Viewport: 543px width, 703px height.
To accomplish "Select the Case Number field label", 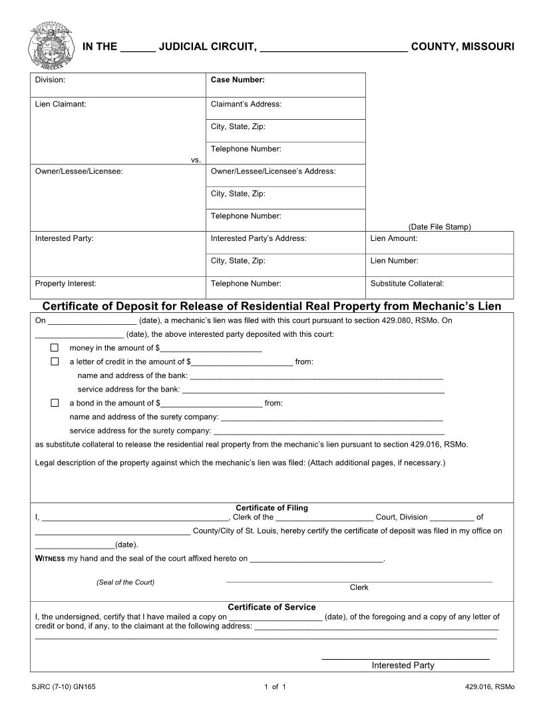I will tap(238, 80).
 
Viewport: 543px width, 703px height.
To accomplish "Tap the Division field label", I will tap(50, 80).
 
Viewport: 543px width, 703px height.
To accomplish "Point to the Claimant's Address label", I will tap(246, 104).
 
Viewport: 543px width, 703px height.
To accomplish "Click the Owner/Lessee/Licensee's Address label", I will tap(273, 171).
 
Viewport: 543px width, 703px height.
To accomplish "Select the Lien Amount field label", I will tap(394, 238).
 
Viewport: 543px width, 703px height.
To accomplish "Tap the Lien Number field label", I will tap(394, 261).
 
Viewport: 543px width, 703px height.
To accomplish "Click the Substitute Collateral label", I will tap(407, 283).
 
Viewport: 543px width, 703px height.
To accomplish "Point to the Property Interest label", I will tap(65, 283).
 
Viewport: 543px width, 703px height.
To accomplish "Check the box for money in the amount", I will tap(55, 348).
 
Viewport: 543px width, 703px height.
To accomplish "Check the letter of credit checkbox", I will tap(55, 361).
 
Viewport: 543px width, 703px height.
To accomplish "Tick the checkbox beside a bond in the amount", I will tap(55, 403).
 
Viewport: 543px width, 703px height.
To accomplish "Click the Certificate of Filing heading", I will tap(271, 508).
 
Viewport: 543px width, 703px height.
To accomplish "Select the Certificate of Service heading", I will tap(271, 607).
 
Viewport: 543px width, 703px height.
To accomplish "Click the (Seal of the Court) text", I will tap(125, 583).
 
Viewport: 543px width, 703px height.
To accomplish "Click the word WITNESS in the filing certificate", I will tap(50, 559).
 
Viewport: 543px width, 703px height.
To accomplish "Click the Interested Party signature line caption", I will tap(403, 665).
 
